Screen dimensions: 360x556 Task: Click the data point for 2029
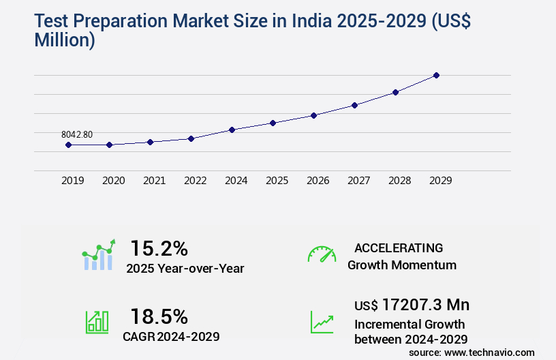436,75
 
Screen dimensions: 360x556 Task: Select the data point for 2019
68,145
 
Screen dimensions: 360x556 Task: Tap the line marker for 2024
232,130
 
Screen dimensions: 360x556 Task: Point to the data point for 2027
354,105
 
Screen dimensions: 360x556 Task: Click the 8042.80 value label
77,134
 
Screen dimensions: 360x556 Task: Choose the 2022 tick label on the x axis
195,181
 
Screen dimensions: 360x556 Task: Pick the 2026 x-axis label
318,181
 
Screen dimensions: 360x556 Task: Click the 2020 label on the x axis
113,181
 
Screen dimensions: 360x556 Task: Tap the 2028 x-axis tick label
399,181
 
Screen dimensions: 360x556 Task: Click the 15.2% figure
159,248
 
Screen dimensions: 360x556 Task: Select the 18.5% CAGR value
159,316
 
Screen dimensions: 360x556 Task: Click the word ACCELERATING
399,248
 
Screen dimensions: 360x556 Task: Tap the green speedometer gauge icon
322,254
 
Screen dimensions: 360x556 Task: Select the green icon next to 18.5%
97,322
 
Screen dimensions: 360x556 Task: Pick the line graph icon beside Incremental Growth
322,322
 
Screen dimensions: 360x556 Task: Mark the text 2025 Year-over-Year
185,269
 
